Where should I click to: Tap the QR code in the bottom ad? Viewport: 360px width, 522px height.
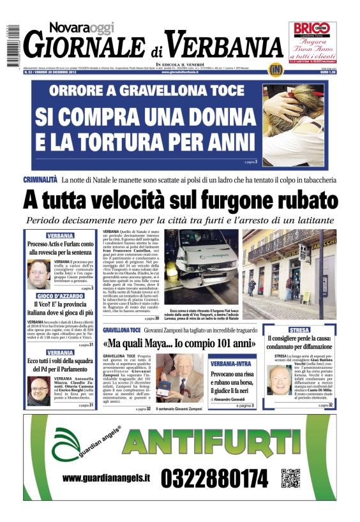click(x=291, y=478)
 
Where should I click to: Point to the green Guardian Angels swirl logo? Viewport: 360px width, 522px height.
click(x=68, y=443)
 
